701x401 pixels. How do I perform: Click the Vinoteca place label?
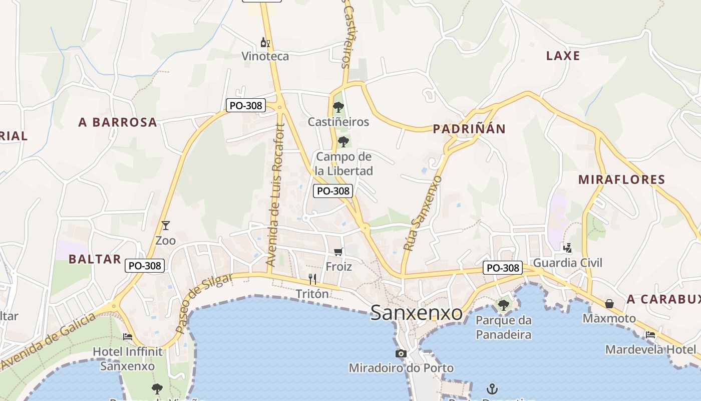coord(265,56)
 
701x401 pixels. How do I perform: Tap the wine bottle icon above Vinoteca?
coord(265,43)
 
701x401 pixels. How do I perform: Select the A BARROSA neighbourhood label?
coord(118,122)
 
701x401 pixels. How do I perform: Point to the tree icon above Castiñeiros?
coord(338,107)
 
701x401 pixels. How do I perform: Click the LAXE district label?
coord(563,56)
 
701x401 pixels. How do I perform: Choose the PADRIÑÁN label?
coord(469,129)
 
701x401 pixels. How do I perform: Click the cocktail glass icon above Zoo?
coord(166,226)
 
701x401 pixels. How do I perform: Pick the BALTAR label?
coord(95,259)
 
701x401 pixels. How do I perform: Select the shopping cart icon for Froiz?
coord(338,252)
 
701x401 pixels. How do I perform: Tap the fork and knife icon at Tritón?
coord(312,279)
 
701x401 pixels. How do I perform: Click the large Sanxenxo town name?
coord(417,313)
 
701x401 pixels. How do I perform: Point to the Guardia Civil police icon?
coord(567,248)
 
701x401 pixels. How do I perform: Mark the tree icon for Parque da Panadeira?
coord(503,304)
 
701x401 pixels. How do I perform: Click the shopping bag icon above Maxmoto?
coord(609,304)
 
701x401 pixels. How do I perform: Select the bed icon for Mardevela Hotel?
coord(650,335)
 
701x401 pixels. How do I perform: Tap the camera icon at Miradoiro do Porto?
coord(401,354)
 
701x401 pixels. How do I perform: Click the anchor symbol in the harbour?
coord(492,389)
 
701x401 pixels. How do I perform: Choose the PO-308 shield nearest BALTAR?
coord(145,266)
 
